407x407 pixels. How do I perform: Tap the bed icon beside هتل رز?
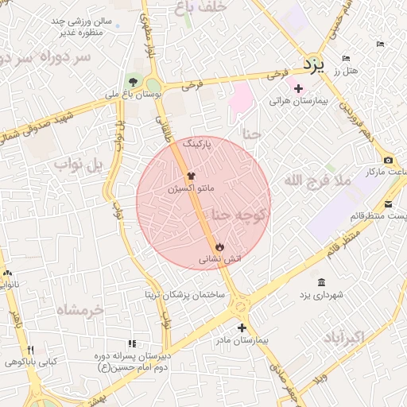click(345, 58)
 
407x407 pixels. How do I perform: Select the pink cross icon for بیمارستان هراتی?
click(299, 87)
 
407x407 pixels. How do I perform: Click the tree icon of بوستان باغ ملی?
click(132, 82)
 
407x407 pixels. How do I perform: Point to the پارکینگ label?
click(197, 144)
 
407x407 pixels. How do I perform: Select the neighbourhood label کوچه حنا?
click(240, 215)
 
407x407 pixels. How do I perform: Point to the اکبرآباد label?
click(343, 338)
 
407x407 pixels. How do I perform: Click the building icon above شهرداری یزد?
click(321, 283)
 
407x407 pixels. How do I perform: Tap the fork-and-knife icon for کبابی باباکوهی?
click(31, 350)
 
